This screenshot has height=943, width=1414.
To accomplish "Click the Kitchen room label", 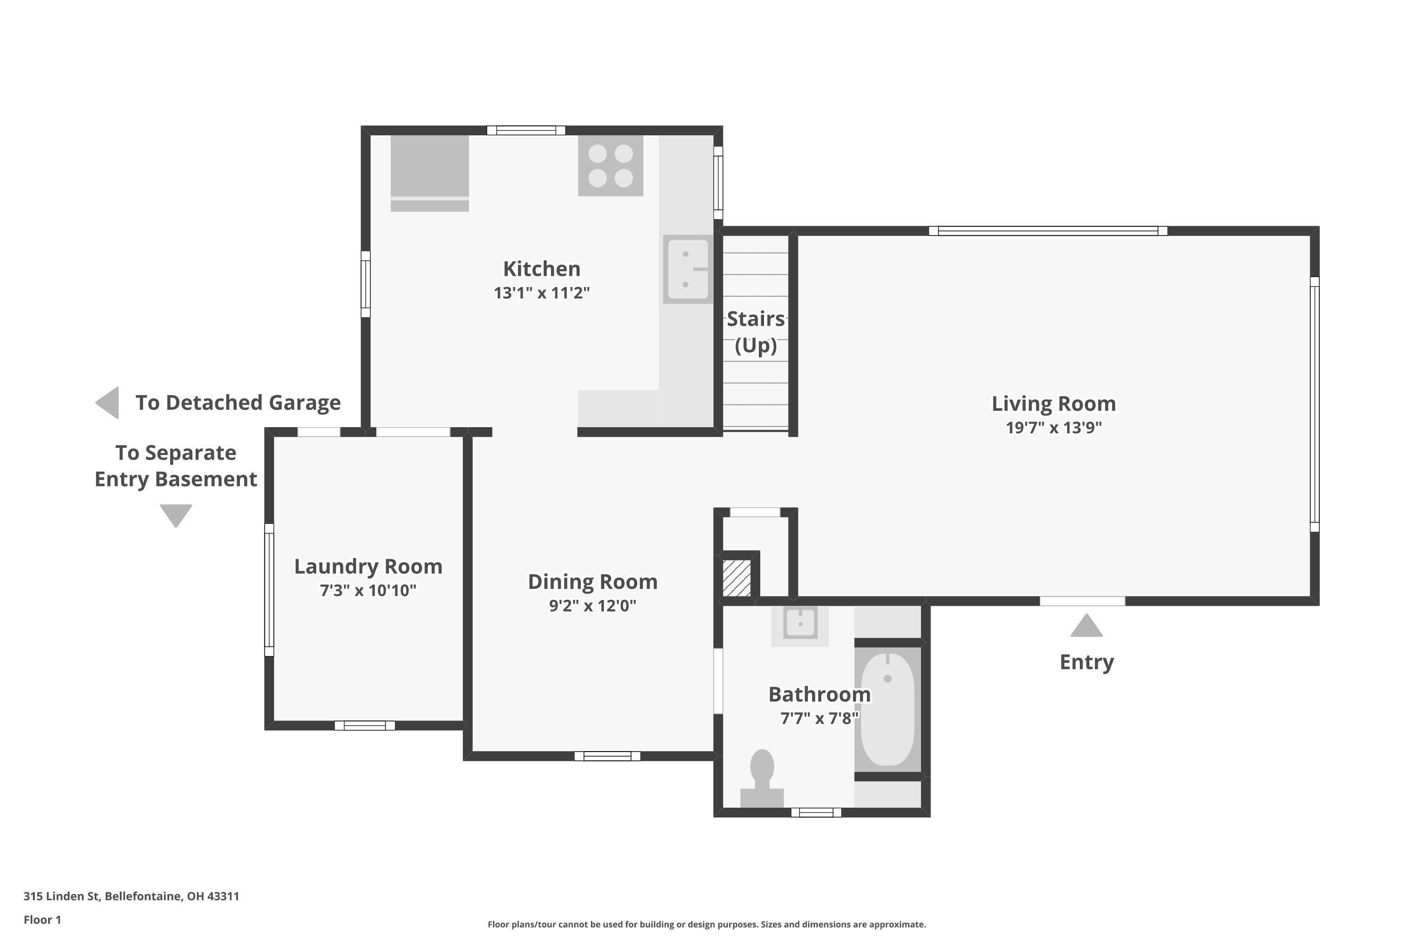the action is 542,268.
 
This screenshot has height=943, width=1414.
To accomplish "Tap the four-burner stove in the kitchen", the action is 610,165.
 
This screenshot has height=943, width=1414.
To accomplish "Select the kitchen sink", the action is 688,269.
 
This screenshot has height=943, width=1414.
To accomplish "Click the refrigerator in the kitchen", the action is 429,173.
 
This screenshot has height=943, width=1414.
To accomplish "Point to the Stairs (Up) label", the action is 756,332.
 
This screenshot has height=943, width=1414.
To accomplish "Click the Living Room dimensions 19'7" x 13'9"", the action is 1054,428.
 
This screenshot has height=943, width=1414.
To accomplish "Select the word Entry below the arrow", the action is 1086,662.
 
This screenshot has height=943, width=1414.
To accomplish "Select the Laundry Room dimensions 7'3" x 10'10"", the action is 368,591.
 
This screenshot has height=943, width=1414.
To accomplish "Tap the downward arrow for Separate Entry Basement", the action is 175,515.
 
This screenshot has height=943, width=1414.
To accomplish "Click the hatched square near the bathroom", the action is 736,578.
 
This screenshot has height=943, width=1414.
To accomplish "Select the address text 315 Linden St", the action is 61,896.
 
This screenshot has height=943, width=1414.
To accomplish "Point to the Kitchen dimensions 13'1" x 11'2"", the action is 542,293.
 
